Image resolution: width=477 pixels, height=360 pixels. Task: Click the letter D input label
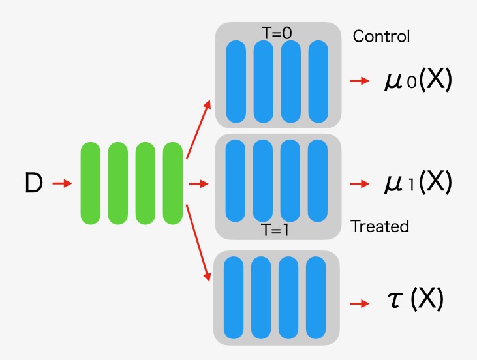pyautogui.click(x=33, y=184)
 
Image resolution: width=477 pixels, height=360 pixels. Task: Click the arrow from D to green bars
pyautogui.click(x=62, y=184)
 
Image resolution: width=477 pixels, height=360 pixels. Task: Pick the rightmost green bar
pyautogui.click(x=172, y=184)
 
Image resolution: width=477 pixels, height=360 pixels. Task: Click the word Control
pyautogui.click(x=381, y=36)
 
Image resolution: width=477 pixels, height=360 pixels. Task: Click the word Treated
pyautogui.click(x=380, y=226)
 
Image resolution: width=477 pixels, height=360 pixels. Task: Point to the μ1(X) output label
pyautogui.click(x=418, y=183)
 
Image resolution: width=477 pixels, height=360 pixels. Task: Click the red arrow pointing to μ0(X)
pyautogui.click(x=360, y=82)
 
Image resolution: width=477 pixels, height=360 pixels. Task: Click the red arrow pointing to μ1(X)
pyautogui.click(x=360, y=184)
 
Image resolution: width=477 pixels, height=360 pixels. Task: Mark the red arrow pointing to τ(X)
pyautogui.click(x=360, y=303)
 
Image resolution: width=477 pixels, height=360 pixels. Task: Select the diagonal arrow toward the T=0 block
pyautogui.click(x=198, y=130)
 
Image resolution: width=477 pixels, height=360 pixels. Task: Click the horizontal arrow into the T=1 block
pyautogui.click(x=198, y=184)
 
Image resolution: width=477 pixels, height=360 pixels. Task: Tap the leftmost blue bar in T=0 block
pyautogui.click(x=236, y=82)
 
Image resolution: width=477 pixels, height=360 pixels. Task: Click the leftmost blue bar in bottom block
pyautogui.click(x=233, y=297)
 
